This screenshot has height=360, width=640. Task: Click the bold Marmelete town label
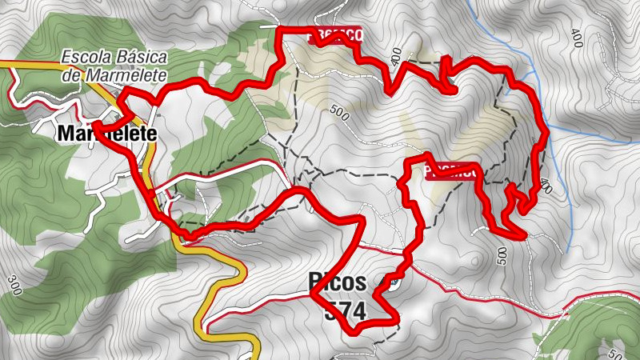coord(106,135)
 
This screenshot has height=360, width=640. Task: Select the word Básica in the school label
coord(140,59)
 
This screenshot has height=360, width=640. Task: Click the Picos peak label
coord(337,282)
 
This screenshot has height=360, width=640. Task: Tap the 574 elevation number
coord(345,311)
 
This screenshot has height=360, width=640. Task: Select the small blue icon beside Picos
coord(392,282)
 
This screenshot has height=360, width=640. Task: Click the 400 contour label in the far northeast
coord(578,37)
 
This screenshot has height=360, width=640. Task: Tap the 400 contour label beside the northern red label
coord(397,56)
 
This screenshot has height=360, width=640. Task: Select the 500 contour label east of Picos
coord(502,255)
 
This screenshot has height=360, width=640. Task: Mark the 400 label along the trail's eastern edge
coord(546,186)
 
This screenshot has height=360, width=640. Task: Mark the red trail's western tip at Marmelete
coord(94,124)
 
